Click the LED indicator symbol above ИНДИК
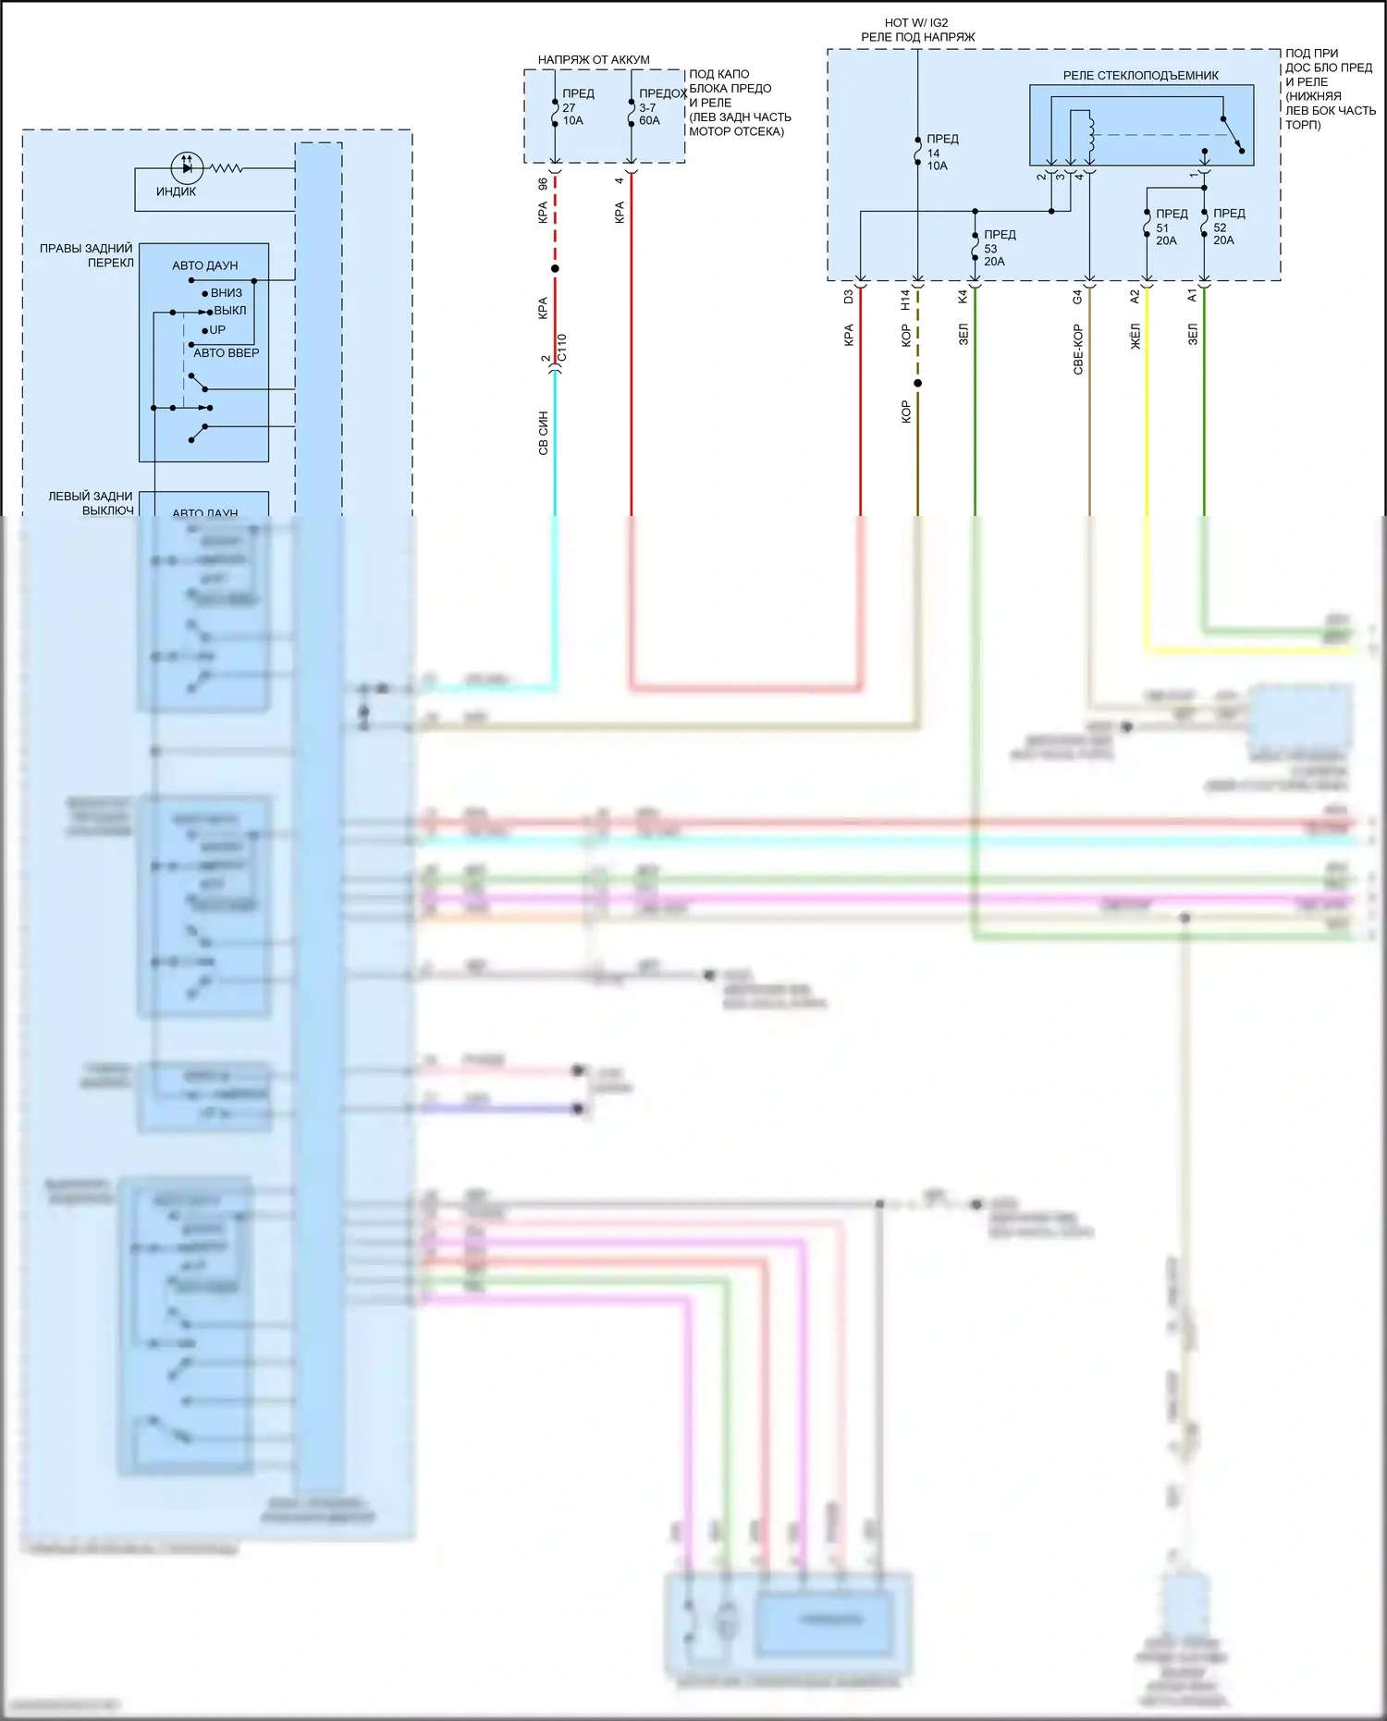click(x=187, y=167)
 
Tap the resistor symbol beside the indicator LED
click(x=227, y=168)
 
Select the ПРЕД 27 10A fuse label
click(x=576, y=107)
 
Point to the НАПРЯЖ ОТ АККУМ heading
click(x=593, y=60)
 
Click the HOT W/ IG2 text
click(x=915, y=22)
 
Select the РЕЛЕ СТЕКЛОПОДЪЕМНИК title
click(x=1140, y=76)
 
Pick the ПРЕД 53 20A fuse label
click(x=998, y=248)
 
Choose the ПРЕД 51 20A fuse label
click(x=1170, y=227)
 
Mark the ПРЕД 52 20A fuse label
click(x=1227, y=227)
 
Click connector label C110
click(x=561, y=348)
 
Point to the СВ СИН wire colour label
click(x=544, y=433)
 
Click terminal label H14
click(x=905, y=299)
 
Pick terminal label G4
click(x=1077, y=297)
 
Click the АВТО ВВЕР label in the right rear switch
click(x=226, y=352)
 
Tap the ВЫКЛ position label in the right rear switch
click(x=229, y=311)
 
